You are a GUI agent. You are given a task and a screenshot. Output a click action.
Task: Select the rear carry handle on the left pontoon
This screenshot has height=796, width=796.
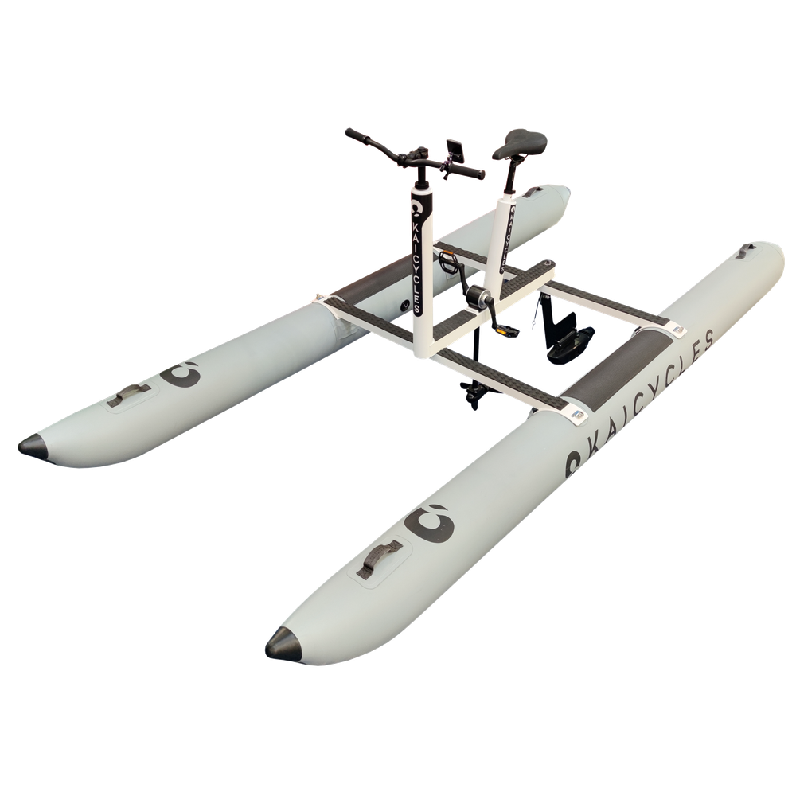click(x=533, y=192)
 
